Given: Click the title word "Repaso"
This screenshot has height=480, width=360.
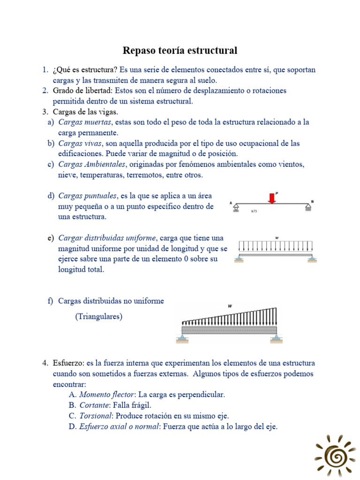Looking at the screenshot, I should coord(139,50).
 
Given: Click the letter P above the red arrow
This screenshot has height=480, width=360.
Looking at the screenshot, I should coord(277,191).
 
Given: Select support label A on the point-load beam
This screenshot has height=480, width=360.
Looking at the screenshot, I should coord(231,202).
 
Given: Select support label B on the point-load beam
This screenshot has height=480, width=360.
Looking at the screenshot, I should coord(312,202).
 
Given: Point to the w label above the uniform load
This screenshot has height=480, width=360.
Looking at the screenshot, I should coord(277,238).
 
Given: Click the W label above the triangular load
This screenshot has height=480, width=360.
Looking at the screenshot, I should coord(230,306).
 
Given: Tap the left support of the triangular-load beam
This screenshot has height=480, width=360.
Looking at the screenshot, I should coord(181,338).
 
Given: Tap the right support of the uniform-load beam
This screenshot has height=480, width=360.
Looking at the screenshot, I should coord(312,258).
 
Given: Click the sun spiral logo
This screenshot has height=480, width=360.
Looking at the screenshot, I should coord(335,455).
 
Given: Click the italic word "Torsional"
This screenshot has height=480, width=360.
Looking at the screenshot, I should coord(96,416).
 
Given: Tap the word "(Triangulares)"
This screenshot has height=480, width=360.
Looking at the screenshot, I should coord(98,317).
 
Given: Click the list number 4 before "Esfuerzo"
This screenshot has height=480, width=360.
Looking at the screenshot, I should coord(45,363).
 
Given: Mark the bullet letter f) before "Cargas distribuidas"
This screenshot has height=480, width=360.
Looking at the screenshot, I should coord(50,301).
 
